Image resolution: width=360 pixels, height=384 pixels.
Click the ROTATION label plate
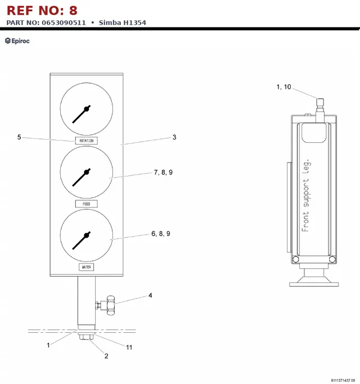click(86, 141)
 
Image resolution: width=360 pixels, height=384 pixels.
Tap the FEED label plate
click(86, 204)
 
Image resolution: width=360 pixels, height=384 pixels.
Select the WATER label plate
click(86, 267)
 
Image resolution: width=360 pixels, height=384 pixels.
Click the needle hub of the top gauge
click(86, 109)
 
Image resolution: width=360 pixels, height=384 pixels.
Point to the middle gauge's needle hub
click(86, 172)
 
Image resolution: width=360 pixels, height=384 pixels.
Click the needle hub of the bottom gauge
click(86, 236)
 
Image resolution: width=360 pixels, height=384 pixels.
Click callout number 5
click(19, 137)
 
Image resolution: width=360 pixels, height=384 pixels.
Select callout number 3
click(174, 137)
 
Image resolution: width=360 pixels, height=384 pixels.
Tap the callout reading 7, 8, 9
click(163, 173)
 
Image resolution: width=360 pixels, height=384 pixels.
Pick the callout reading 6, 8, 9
click(161, 234)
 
